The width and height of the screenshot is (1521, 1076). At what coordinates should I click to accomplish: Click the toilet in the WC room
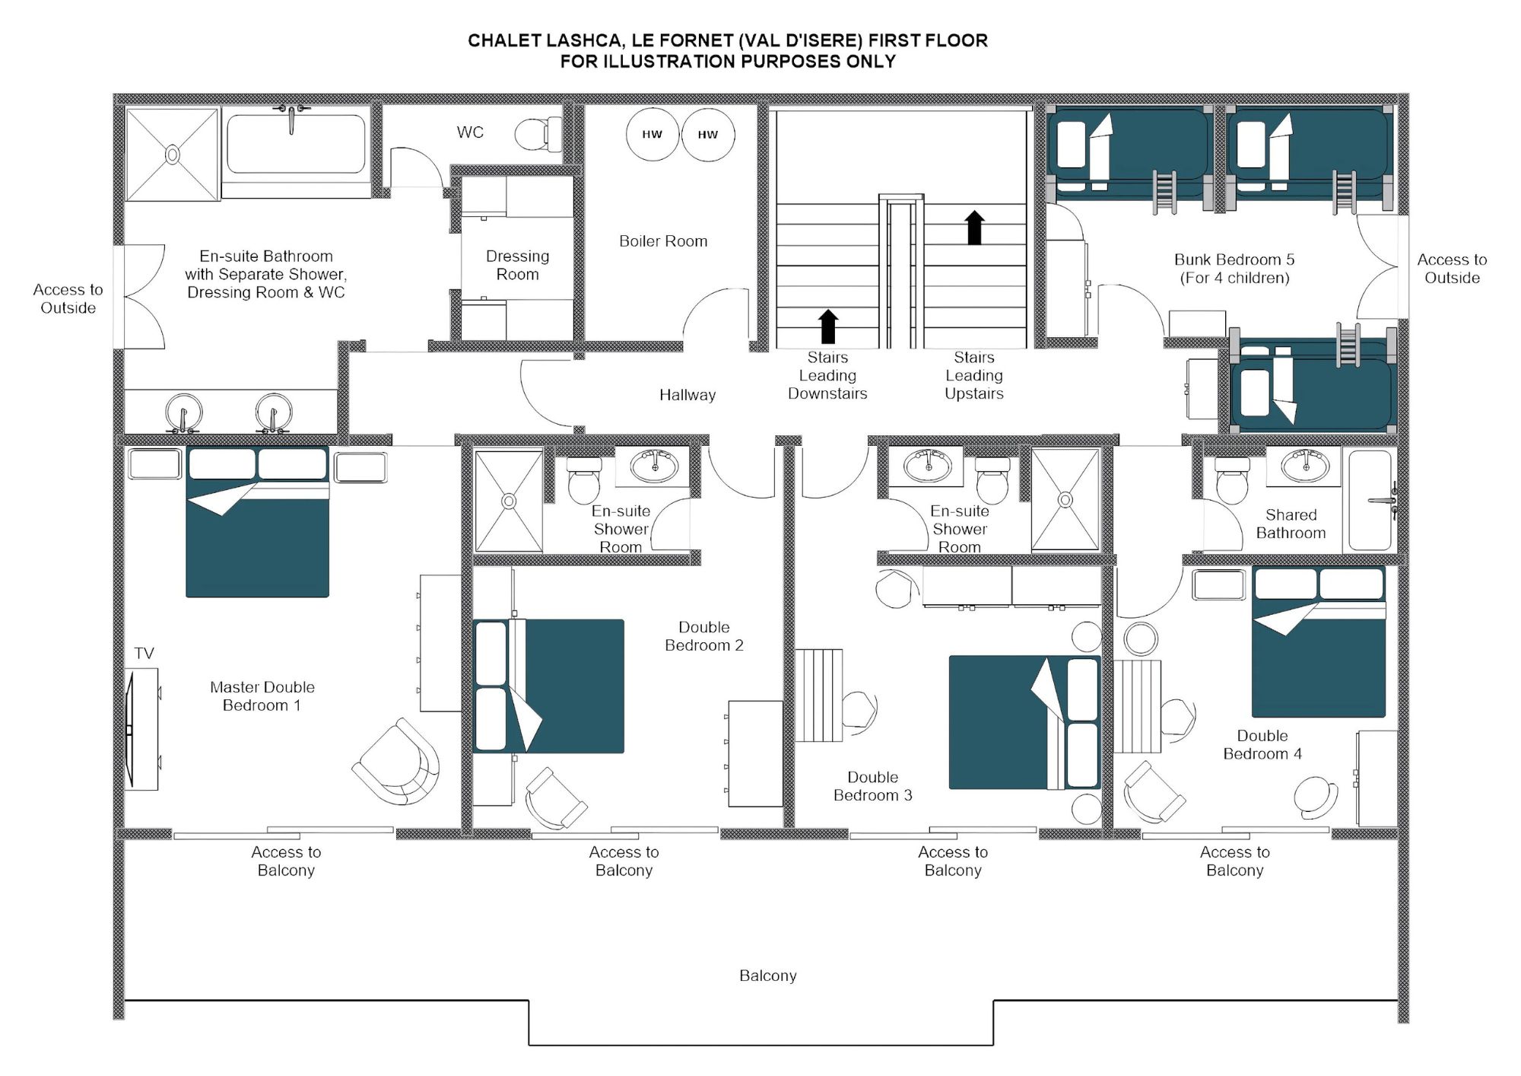(x=538, y=135)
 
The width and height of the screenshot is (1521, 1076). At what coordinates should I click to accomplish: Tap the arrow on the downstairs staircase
(x=828, y=326)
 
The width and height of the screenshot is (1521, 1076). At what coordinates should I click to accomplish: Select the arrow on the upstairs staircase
(x=974, y=228)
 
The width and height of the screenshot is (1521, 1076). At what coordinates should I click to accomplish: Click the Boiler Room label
(x=663, y=241)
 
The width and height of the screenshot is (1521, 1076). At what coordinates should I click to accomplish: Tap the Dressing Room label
(x=517, y=265)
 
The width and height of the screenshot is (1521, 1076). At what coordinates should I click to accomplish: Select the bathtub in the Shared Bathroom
(x=1370, y=500)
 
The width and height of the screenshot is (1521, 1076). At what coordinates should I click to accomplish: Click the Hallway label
(x=687, y=395)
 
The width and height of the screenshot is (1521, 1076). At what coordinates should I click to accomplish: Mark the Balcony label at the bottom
(x=767, y=976)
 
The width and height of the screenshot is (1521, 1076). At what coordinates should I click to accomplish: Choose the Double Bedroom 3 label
(x=872, y=786)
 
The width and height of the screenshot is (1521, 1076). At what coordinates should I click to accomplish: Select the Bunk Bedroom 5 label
(x=1234, y=259)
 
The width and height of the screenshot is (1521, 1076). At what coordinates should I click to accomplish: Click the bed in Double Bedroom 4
(x=1318, y=643)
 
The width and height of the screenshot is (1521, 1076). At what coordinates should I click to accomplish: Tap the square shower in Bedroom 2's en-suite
(x=509, y=501)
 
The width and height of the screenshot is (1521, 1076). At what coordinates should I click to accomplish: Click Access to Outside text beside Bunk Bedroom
(x=1451, y=269)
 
